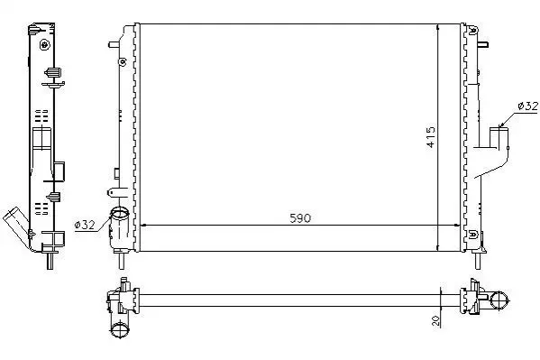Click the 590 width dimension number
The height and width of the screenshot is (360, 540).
[x=300, y=218]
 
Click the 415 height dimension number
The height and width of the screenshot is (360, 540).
[x=431, y=137]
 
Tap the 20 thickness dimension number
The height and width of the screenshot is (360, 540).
[x=435, y=320]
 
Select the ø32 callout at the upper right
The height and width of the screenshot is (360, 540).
[x=527, y=106]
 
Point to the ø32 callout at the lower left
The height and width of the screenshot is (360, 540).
[x=85, y=225]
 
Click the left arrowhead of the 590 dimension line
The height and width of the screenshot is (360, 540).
[x=144, y=226]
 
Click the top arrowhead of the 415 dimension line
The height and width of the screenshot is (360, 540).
[x=437, y=28]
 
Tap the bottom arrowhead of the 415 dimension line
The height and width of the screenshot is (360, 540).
[x=437, y=247]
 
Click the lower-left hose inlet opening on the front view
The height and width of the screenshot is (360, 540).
[x=119, y=214]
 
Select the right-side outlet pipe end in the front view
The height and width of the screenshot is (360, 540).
[x=499, y=129]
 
